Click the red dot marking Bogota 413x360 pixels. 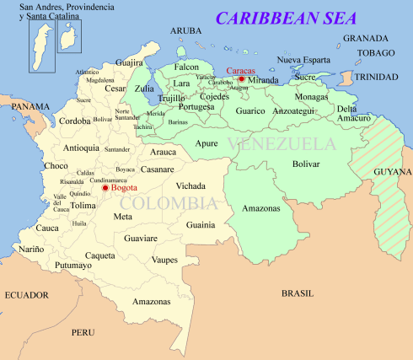pyautogui.click(x=105, y=187)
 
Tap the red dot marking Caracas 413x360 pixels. pyautogui.click(x=241, y=79)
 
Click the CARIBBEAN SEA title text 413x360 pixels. pyautogui.click(x=286, y=18)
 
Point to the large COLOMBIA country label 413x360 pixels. pyautogui.click(x=168, y=203)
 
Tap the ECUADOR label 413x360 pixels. pyautogui.click(x=27, y=295)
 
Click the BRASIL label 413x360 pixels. pyautogui.click(x=297, y=293)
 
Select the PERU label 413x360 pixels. pyautogui.click(x=83, y=332)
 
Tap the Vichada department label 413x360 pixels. pyautogui.click(x=190, y=185)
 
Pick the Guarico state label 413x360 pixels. pyautogui.click(x=250, y=110)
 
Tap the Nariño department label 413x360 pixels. pyautogui.click(x=31, y=249)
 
